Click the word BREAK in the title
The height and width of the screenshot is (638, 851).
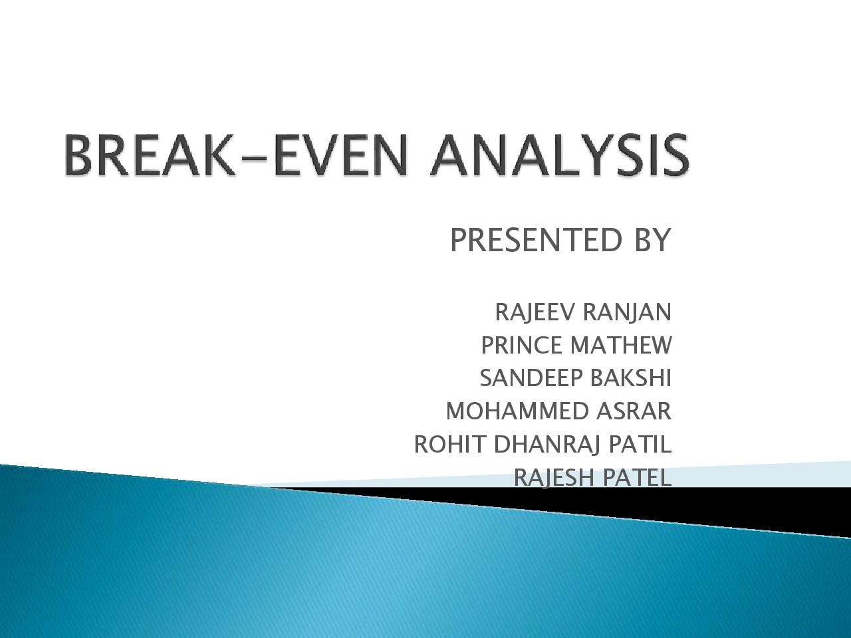pos(150,155)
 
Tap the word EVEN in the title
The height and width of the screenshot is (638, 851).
pos(342,155)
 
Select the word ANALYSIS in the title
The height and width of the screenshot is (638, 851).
pos(559,155)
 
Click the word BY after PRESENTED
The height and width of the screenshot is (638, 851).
pos(652,240)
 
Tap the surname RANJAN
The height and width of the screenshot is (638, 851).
pos(627,312)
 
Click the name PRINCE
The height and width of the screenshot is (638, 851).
pos(521,345)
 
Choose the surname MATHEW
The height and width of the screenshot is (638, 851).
pos(622,345)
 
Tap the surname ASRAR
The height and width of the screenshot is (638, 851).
pos(634,411)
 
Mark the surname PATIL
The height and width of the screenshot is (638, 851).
pos(640,444)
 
